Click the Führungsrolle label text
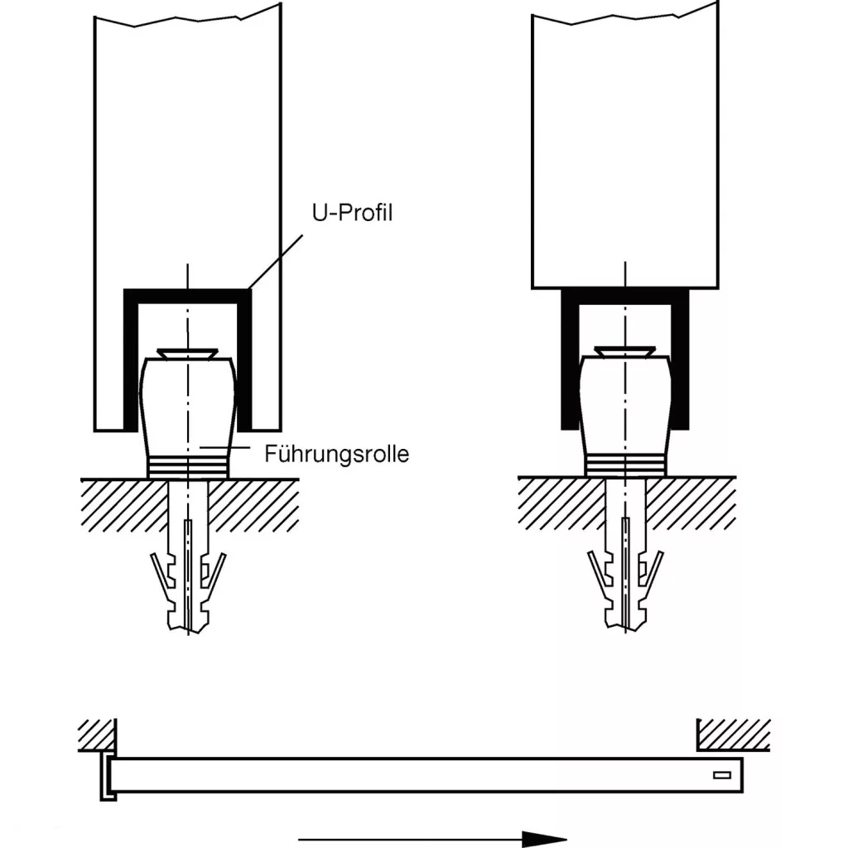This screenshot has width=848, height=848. tap(336, 454)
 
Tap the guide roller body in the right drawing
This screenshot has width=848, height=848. tap(625, 406)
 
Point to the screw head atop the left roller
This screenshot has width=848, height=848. tap(188, 354)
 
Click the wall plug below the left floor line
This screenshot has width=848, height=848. tap(188, 571)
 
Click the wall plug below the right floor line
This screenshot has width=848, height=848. tap(625, 571)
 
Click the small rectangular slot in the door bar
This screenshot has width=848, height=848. tap(721, 776)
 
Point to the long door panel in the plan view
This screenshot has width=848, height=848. tap(414, 773)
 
